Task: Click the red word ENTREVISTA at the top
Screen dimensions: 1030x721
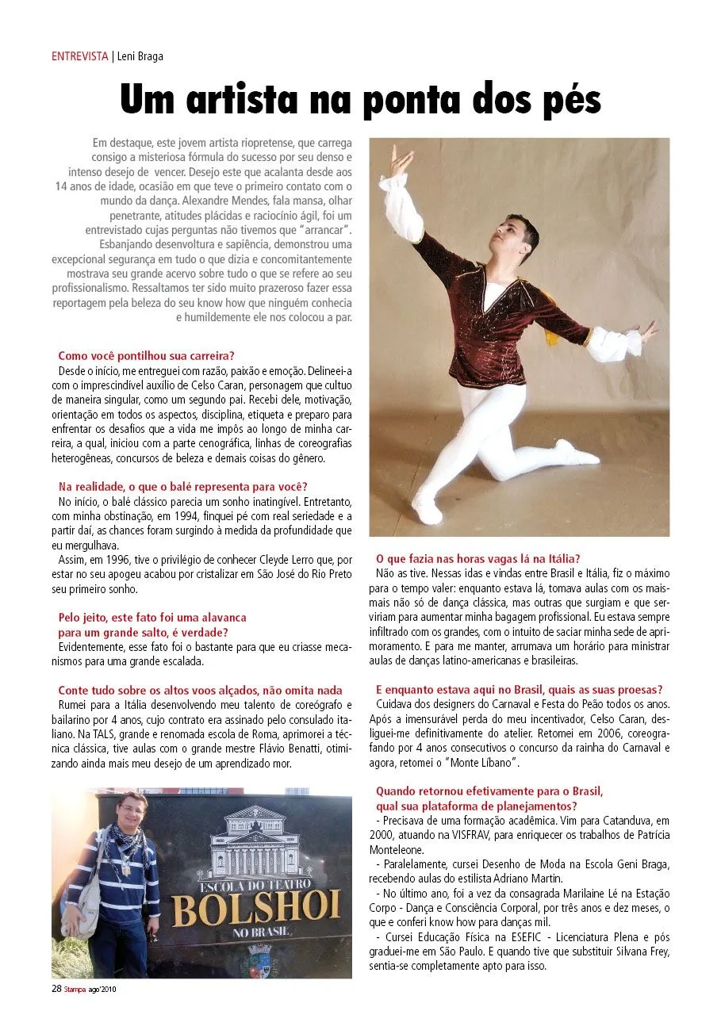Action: point(79,56)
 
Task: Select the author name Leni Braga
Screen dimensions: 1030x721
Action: point(140,56)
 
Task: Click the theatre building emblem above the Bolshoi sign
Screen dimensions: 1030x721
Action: point(254,841)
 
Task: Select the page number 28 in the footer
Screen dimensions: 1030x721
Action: point(57,989)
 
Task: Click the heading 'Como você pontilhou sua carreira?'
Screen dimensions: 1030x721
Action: point(147,356)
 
